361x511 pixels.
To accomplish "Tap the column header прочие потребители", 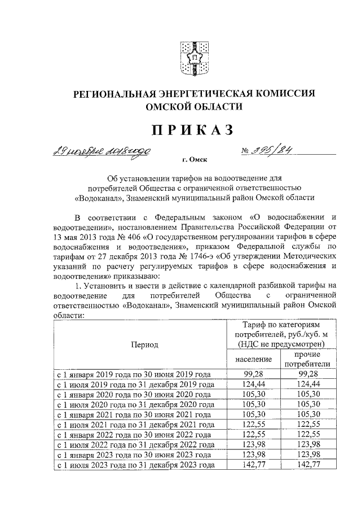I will click(x=307, y=359).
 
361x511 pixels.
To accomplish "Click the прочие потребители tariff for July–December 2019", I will click(x=307, y=384).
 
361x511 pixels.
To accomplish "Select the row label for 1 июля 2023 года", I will click(x=136, y=465).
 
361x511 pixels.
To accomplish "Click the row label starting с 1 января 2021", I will click(x=136, y=414).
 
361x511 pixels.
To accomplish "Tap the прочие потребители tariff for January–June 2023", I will click(x=307, y=455).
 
